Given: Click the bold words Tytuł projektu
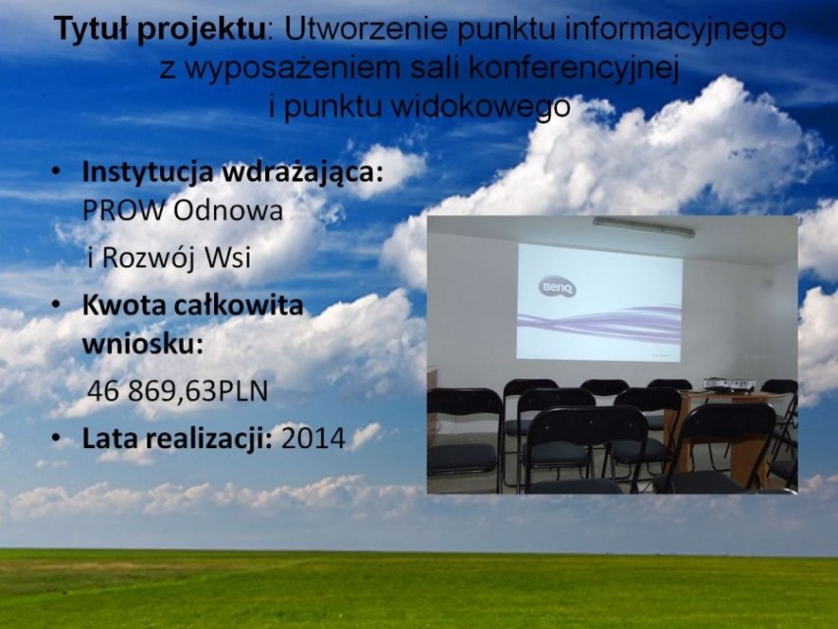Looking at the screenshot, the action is (159, 29).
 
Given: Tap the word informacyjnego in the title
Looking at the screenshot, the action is (675, 30).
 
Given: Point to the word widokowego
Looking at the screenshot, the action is (480, 106).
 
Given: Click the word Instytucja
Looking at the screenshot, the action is (148, 172).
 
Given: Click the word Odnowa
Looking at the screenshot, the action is (228, 210).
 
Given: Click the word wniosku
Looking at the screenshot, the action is (142, 344).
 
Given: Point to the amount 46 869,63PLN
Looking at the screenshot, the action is (178, 391).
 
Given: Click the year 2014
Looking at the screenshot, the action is (313, 438).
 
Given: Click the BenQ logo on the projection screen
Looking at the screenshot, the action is (557, 288).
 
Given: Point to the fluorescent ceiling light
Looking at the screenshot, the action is (644, 227).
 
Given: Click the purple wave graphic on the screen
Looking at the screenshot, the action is (599, 323).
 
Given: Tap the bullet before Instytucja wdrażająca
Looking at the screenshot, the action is (56, 172).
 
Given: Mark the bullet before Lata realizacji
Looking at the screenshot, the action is (56, 438).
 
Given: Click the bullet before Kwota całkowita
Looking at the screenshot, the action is (56, 306).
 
